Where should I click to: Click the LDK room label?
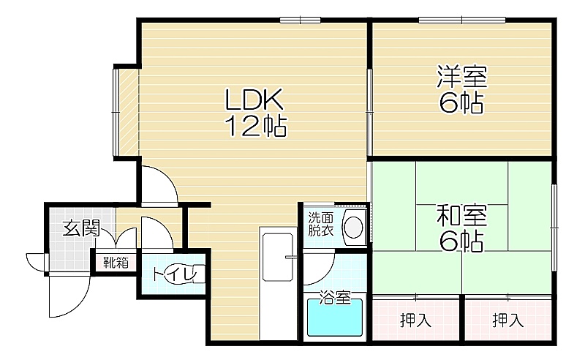pos(254,100)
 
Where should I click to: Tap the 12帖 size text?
pos(256,127)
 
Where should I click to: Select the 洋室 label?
pos(462,77)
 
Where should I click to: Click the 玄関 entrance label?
pos(81,228)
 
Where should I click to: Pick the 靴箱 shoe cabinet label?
pos(116,263)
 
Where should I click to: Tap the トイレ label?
pos(175,274)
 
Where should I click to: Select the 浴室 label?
pos(335,297)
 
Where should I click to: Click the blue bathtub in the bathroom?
pos(335,318)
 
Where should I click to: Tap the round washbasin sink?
pos(353,228)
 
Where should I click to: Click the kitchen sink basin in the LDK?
pos(278,258)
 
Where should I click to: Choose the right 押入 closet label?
pos(507,320)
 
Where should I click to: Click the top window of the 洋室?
pos(462,20)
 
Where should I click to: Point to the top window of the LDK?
pos(301,20)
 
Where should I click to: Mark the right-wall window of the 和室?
pos(554,227)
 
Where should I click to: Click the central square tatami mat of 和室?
pos(462,228)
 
